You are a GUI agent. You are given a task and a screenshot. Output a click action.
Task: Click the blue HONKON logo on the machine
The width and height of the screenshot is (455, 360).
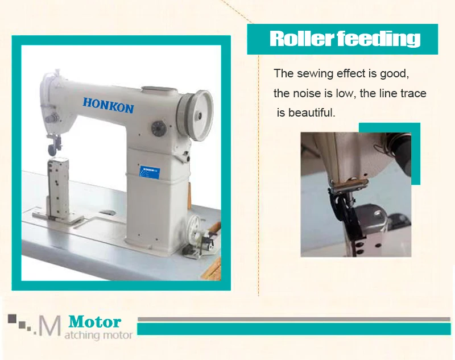[x=108, y=104]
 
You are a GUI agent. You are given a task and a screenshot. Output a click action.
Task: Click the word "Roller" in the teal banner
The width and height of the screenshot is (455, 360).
[x=301, y=39]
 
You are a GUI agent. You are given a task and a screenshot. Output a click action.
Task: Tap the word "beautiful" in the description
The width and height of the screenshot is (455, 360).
[x=312, y=113]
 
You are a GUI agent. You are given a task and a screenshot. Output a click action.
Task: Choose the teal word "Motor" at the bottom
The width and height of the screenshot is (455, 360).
[x=94, y=322]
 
